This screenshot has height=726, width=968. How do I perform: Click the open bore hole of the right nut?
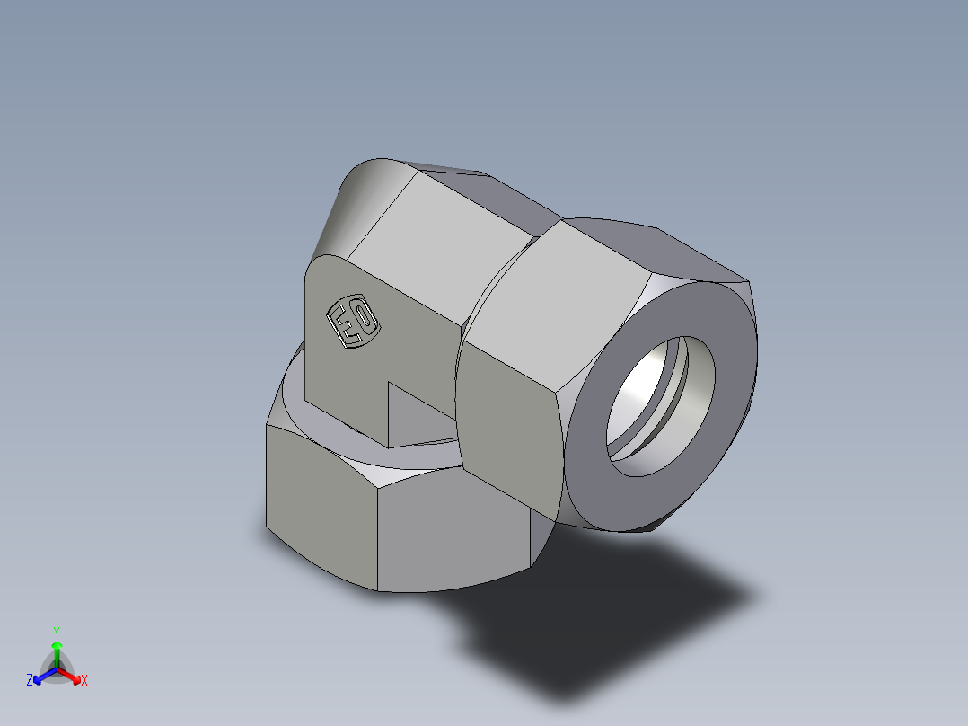coord(660,404)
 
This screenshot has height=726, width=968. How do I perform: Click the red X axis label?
coord(84,681)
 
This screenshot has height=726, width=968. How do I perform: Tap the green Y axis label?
coord(56,632)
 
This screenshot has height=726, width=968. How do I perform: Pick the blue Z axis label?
coord(30,681)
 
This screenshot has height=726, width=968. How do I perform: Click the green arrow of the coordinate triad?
coord(57,649)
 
